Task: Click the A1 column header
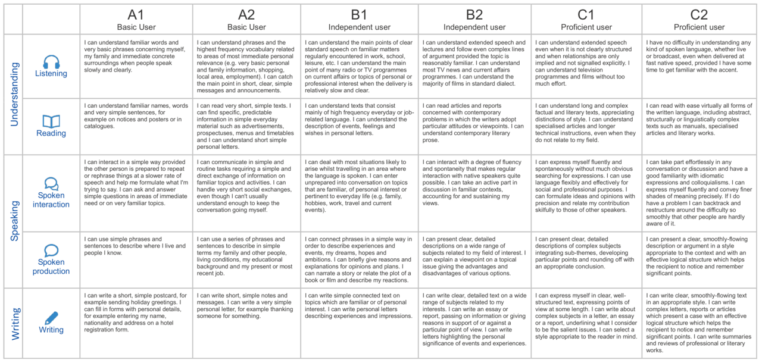pyautogui.click(x=136, y=14)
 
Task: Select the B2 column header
pyautogui.click(x=474, y=14)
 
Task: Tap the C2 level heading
pyautogui.click(x=699, y=14)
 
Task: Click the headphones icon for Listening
pyautogui.click(x=51, y=62)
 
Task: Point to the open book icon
pyautogui.click(x=51, y=121)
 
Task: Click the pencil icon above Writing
pyautogui.click(x=51, y=318)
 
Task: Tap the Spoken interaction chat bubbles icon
pyautogui.click(x=51, y=184)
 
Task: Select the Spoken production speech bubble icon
pyautogui.click(x=51, y=251)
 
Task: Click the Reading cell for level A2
pyautogui.click(x=246, y=126)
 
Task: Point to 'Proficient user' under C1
pyautogui.click(x=586, y=27)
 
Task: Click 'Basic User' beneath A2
pyautogui.click(x=246, y=27)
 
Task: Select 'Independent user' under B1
pyautogui.click(x=360, y=27)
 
